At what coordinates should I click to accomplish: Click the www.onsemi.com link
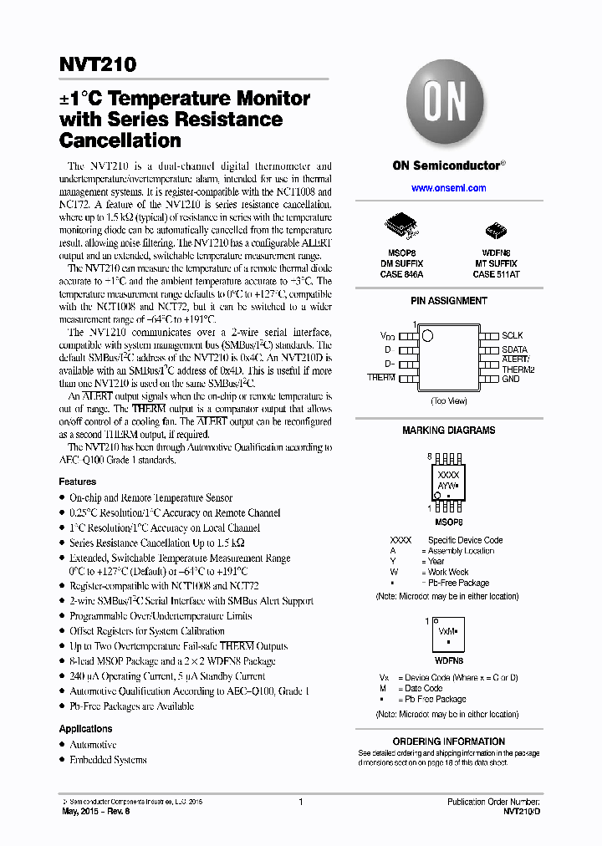tap(449, 188)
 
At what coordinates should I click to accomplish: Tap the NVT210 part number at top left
tap(98, 64)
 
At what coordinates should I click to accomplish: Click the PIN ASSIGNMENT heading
tap(449, 301)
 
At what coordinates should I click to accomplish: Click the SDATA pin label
tap(515, 349)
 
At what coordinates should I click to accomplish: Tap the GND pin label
tap(511, 379)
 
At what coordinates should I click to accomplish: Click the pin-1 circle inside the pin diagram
tap(428, 336)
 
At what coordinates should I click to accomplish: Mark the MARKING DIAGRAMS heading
tap(449, 431)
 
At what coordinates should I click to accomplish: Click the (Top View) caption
tap(449, 401)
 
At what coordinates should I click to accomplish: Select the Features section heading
tap(77, 482)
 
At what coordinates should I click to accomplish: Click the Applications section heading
tap(85, 729)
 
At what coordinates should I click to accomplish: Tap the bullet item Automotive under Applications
tap(93, 745)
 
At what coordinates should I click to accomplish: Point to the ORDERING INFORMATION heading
tap(449, 742)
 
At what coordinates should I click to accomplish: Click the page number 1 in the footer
tap(300, 802)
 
